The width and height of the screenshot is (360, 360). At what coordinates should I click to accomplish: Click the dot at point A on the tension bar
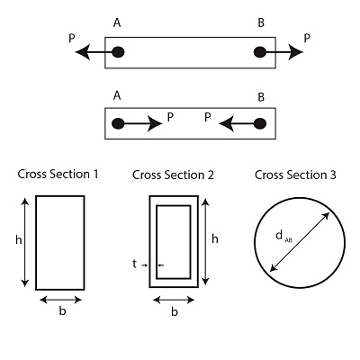(x=118, y=52)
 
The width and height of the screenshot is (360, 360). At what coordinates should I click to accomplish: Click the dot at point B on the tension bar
(x=260, y=52)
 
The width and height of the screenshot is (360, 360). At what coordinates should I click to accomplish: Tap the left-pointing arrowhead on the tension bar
(x=83, y=52)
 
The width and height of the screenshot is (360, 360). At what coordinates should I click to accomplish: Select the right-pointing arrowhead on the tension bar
(x=295, y=52)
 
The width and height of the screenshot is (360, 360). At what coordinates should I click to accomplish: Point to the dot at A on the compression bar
(x=118, y=123)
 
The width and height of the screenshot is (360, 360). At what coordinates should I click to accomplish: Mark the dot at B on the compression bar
(x=260, y=123)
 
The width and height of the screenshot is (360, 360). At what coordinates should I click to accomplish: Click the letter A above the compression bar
(x=117, y=96)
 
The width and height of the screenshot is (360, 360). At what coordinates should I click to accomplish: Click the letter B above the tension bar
(x=261, y=22)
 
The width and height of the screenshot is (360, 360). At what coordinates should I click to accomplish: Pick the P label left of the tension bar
(x=72, y=39)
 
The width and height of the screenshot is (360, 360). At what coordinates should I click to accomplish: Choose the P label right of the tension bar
(x=307, y=39)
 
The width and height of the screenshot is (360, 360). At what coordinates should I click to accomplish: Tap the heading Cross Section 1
(x=58, y=174)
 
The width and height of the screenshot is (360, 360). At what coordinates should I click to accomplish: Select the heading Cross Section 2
(x=173, y=175)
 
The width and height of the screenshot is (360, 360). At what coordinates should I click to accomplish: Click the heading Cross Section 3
(x=295, y=175)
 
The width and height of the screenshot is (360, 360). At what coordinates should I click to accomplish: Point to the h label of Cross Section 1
(x=19, y=240)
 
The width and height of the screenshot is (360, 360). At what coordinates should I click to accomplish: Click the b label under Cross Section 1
(x=62, y=311)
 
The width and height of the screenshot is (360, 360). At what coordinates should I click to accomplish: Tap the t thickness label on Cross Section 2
(x=134, y=264)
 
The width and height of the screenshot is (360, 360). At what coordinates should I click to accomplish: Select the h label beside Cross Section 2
(x=215, y=239)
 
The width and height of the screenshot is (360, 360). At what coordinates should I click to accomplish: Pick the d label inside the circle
(x=279, y=235)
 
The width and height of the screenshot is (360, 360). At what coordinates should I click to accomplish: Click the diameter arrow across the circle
(x=300, y=242)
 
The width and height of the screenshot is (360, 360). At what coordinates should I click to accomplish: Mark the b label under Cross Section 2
(x=175, y=312)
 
